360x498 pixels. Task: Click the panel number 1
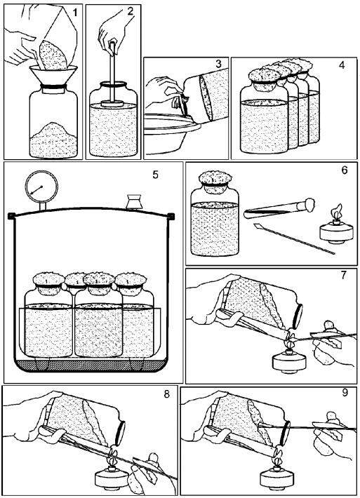click(75, 13)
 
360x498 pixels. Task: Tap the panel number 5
click(155, 175)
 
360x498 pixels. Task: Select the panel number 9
click(345, 393)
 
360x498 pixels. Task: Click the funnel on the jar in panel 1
click(53, 74)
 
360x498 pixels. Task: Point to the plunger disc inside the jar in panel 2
click(112, 104)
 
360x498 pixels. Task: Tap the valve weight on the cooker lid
click(134, 202)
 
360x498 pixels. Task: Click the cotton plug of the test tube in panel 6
click(309, 203)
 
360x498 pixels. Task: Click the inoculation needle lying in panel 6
click(294, 239)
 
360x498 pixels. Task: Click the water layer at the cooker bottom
click(91, 364)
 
